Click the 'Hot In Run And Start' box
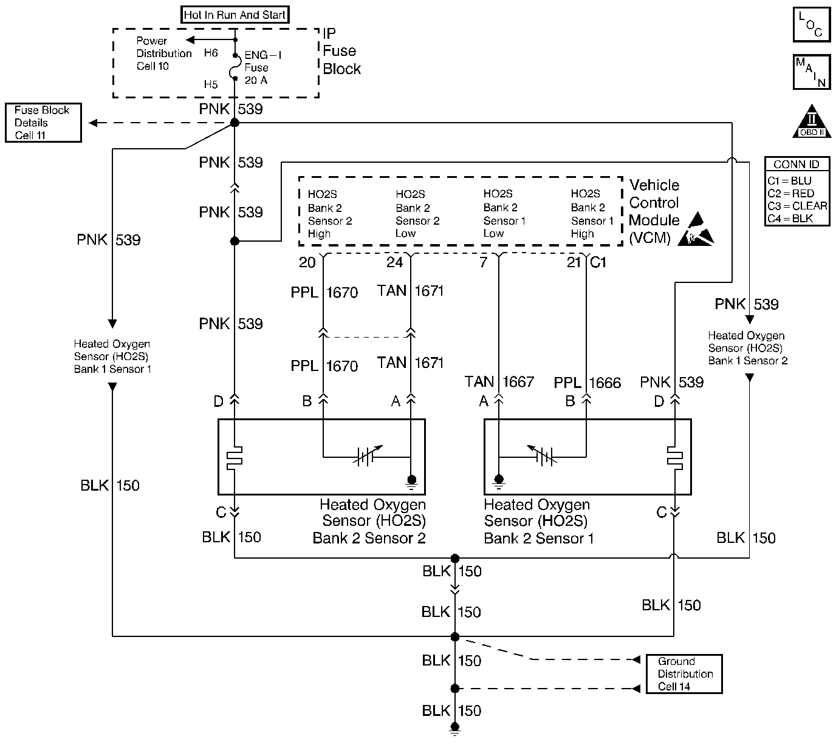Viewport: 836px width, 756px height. click(x=235, y=15)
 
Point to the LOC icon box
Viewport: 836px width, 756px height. click(x=812, y=25)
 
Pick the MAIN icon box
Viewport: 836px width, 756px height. click(x=812, y=72)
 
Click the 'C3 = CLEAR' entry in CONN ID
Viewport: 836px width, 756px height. click(x=797, y=206)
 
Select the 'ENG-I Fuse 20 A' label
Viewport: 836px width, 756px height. click(x=262, y=67)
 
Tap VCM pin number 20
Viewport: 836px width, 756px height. click(x=307, y=262)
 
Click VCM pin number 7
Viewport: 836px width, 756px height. click(x=484, y=262)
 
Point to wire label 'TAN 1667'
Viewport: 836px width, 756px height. click(x=499, y=382)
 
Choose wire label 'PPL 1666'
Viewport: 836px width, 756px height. click(x=587, y=383)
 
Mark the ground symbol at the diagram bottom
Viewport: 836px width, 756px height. click(x=454, y=729)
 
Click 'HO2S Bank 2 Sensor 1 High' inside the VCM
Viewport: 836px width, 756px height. click(x=592, y=214)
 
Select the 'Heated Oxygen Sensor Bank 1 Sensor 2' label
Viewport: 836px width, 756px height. click(x=747, y=348)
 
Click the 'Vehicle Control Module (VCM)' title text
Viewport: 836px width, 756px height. click(x=654, y=211)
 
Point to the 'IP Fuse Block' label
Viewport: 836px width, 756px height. click(x=341, y=51)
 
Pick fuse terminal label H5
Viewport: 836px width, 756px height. click(x=211, y=84)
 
